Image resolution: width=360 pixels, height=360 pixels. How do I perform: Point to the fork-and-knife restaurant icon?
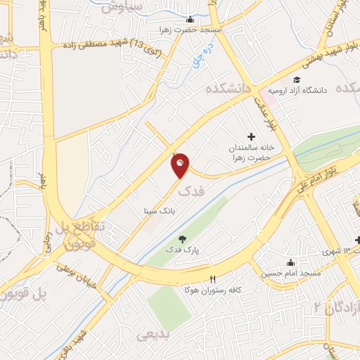pos(212,278)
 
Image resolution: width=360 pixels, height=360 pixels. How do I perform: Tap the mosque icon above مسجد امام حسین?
pos(290,262)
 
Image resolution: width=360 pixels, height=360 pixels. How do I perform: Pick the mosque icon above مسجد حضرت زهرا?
pos(214,20)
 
